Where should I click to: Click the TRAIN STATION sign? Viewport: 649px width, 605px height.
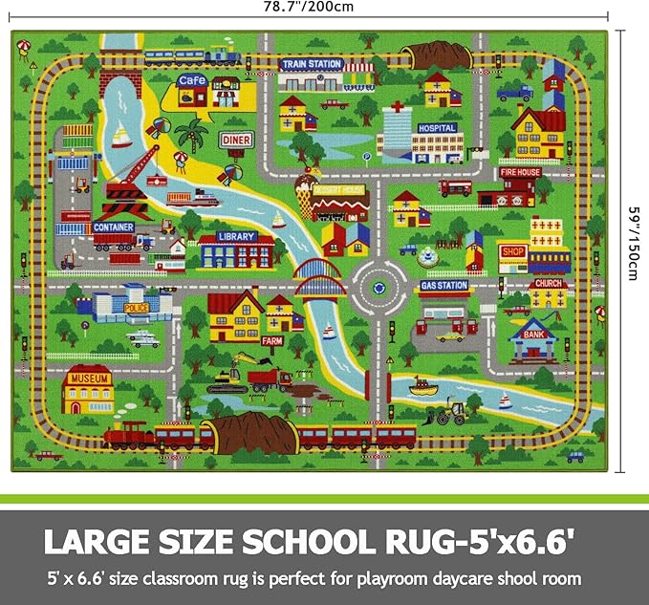coord(311,64)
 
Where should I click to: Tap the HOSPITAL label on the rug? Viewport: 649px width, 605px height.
coord(437,126)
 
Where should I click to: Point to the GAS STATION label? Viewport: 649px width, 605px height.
coord(443,285)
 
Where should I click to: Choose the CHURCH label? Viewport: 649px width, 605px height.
coord(548,284)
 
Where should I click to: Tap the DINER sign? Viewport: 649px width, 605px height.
coord(236,140)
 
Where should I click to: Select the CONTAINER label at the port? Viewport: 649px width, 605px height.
coord(113,227)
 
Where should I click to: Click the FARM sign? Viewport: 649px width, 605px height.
coord(273,339)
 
